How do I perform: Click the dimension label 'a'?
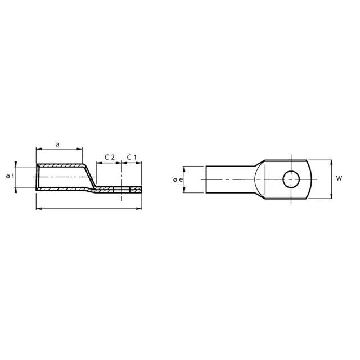coord(57,145)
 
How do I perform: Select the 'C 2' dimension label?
coord(110,157)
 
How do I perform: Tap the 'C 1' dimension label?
coord(132,157)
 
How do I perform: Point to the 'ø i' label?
coord(10,176)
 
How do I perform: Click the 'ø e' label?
coord(178,179)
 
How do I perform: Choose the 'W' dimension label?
coord(339,178)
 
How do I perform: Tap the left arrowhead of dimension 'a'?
coord(39,149)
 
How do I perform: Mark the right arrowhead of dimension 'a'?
coord(79,149)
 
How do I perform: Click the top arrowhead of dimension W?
coord(331,163)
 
